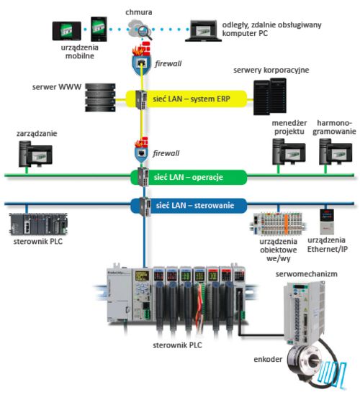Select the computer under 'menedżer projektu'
(286, 152)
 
